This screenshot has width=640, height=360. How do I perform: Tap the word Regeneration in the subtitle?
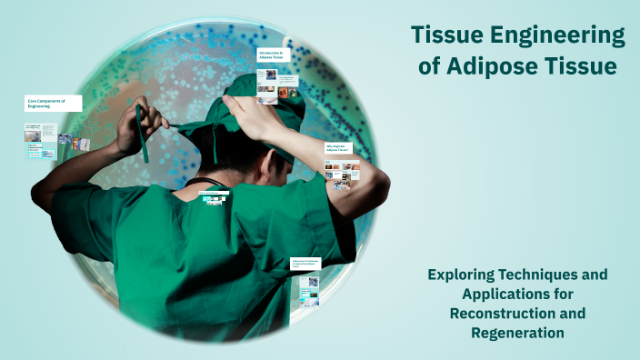(x=516, y=334)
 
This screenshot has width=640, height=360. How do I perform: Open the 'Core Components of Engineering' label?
(x=53, y=103)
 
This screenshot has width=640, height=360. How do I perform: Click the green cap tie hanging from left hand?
(x=143, y=141)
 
